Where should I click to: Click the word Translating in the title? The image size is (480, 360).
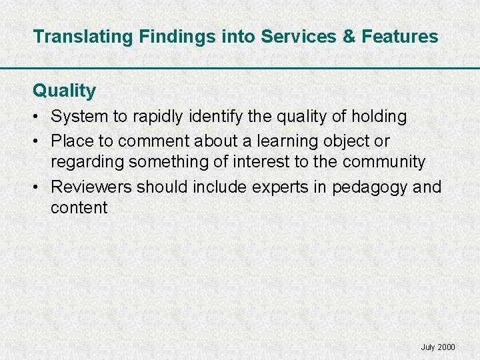tap(84, 37)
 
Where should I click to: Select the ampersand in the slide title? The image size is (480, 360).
tap(349, 37)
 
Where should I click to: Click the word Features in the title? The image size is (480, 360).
tap(400, 37)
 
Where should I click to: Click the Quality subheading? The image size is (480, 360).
tap(65, 91)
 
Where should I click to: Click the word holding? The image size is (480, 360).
tap(379, 117)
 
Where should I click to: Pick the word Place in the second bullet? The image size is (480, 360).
tap(71, 141)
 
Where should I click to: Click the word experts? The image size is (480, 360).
tap(279, 187)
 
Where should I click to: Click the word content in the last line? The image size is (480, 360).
tap(79, 207)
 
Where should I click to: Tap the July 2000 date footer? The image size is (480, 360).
tap(438, 347)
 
